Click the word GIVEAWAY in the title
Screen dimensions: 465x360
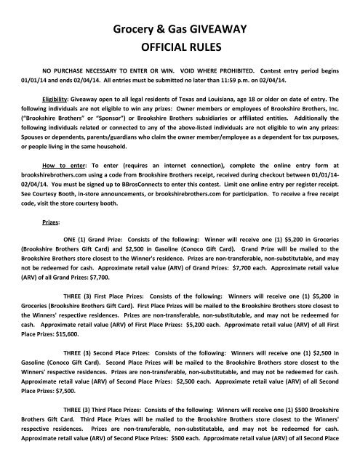(x=216, y=29)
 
